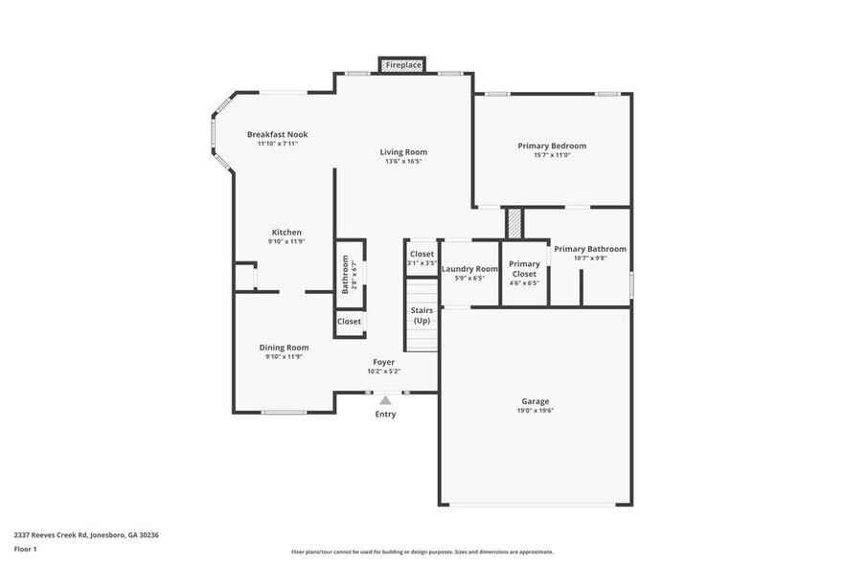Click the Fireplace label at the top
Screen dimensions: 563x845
point(403,65)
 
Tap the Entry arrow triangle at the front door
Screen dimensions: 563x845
point(384,400)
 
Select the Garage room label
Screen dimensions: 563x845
point(536,401)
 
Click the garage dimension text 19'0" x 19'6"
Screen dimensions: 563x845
point(536,411)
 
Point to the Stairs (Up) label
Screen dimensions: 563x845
point(422,316)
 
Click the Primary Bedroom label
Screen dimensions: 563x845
point(552,146)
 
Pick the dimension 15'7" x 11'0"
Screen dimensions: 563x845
point(552,155)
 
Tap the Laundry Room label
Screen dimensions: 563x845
point(469,269)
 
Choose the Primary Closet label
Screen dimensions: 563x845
point(524,269)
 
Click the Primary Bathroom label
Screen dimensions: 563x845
point(590,249)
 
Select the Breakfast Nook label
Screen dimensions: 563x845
point(277,134)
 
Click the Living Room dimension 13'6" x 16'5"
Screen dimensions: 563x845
point(403,162)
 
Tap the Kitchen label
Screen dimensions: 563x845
point(286,232)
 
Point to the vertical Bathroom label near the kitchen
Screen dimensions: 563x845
point(345,274)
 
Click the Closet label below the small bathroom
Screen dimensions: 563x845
point(349,322)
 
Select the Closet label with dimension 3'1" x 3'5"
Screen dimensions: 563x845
point(422,255)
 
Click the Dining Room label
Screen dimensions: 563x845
point(284,348)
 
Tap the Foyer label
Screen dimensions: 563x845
point(383,362)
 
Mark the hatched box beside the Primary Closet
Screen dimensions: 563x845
point(514,222)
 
